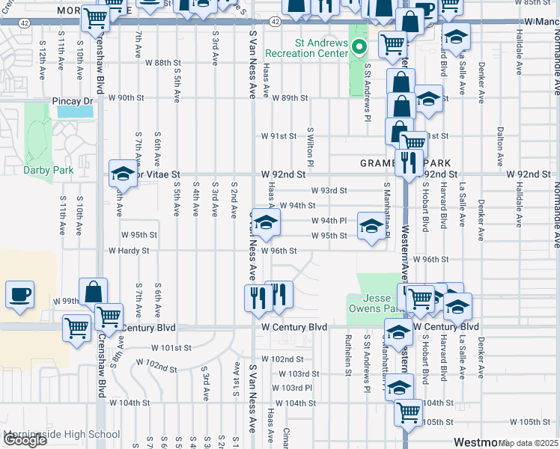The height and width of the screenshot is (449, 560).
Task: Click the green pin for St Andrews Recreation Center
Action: coord(359,47)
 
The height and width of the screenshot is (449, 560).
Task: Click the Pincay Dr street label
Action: coord(73,100)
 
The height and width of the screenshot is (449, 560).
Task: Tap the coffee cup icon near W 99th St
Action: coord(19,294)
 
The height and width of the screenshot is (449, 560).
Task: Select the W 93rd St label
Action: coord(329,190)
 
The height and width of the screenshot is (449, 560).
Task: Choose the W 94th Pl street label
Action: coord(329,221)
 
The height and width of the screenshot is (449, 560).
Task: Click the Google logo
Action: coord(25,440)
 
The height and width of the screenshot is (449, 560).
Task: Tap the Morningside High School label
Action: coord(61,434)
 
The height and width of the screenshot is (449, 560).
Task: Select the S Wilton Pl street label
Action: coord(309,142)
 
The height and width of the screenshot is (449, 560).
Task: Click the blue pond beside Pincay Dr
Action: coord(75,112)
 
